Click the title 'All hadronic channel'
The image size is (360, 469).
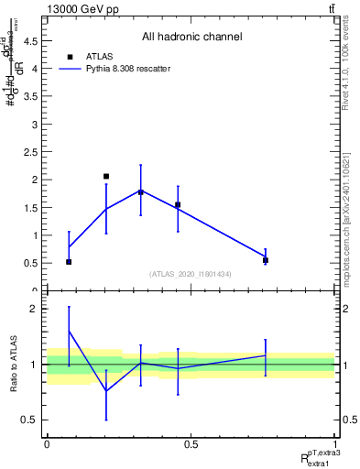191,37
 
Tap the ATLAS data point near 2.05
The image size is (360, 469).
106,176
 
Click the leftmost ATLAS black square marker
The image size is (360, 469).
69,262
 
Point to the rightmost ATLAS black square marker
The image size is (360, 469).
266,260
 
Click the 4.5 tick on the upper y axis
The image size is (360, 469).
34,39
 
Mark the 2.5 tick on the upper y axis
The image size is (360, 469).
34,151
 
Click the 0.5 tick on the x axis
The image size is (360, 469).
191,444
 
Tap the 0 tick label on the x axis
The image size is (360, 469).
47,444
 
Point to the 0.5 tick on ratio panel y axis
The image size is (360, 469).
34,420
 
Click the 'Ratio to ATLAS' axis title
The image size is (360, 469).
12,364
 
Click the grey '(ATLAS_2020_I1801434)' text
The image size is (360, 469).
191,274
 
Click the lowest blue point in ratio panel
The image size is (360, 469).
106,391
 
